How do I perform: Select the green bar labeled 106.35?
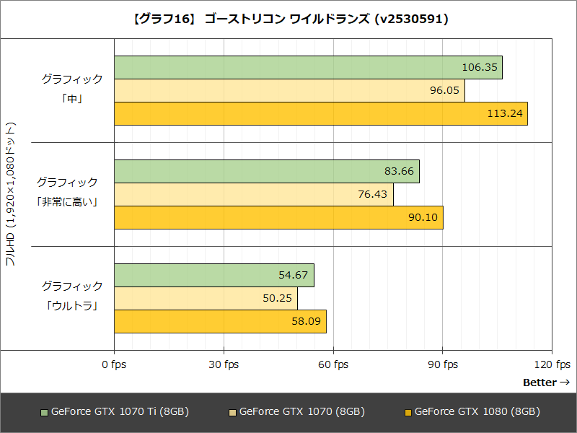(307, 67)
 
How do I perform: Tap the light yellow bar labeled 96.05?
(288, 90)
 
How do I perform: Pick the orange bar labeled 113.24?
(320, 113)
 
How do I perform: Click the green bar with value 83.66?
(266, 171)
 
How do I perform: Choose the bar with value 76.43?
(253, 194)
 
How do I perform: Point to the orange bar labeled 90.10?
(278, 217)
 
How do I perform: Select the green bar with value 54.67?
(213, 275)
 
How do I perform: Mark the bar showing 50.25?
(205, 298)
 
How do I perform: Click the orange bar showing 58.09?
(219, 321)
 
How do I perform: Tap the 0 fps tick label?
(113, 364)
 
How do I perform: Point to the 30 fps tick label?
(224, 364)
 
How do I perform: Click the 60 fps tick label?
(334, 364)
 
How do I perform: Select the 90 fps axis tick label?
(444, 364)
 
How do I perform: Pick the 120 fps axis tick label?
(553, 364)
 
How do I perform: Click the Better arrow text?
(546, 382)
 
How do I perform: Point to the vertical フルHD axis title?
(10, 195)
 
